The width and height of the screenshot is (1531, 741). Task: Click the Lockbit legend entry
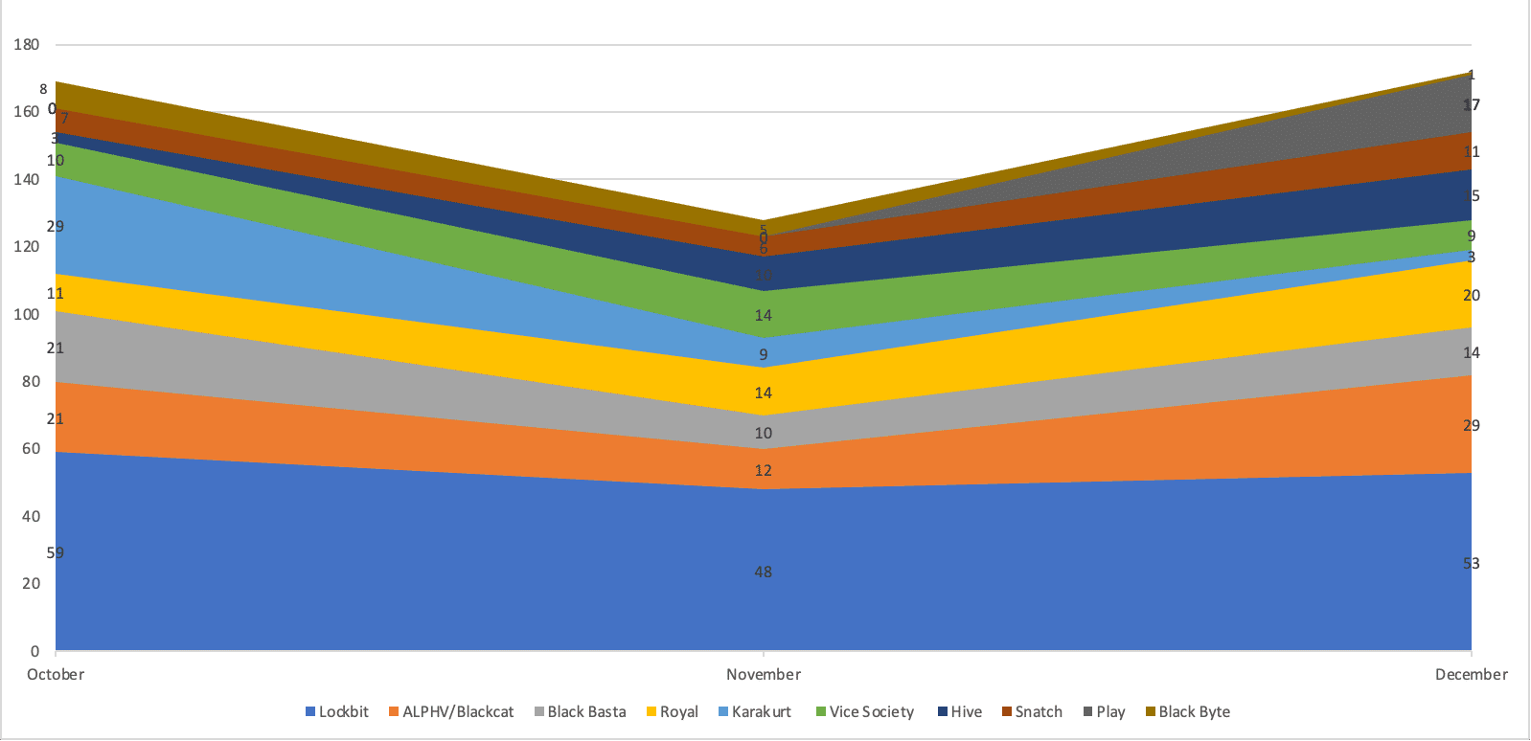[x=337, y=711]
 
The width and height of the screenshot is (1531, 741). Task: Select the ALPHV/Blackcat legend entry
[x=451, y=711]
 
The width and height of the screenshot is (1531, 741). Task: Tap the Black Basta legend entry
[x=580, y=711]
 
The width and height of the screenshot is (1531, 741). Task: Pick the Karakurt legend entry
[x=755, y=711]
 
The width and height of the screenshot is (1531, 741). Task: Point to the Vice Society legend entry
[x=865, y=711]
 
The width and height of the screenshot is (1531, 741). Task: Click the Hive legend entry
[x=960, y=711]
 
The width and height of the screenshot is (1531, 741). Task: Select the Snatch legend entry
[x=1033, y=711]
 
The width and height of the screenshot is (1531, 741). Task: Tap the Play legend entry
[x=1105, y=711]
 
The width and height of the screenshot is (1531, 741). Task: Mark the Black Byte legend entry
[x=1188, y=711]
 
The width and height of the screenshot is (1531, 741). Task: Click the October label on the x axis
[x=56, y=674]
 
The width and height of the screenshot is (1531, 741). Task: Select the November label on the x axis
[x=764, y=674]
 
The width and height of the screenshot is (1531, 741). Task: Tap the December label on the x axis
[x=1471, y=674]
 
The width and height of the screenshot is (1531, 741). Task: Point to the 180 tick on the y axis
[x=27, y=44]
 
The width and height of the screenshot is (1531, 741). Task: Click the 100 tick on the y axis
[x=27, y=314]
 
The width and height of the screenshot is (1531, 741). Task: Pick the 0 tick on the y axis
[x=34, y=651]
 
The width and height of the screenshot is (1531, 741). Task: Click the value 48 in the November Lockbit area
[x=763, y=572]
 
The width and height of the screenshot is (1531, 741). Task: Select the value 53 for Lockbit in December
[x=1471, y=563]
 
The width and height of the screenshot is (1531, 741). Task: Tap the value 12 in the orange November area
[x=763, y=470]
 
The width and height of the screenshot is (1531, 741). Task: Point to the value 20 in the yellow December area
[x=1471, y=295]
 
